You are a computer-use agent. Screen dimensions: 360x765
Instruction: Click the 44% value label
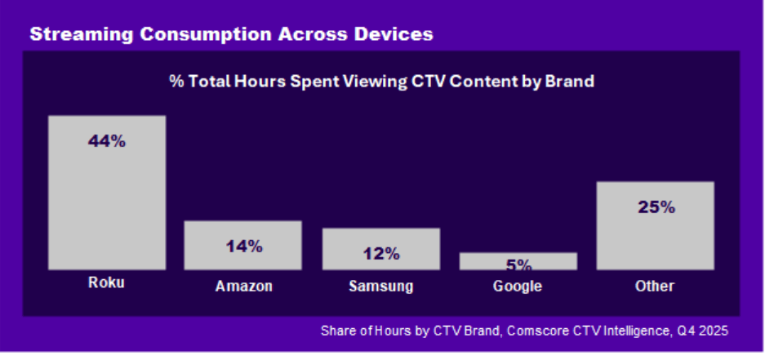click(107, 141)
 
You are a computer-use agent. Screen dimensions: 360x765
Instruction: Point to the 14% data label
click(243, 246)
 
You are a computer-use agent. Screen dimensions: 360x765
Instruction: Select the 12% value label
click(380, 253)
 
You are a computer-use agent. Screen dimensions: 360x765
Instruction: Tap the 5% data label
click(518, 264)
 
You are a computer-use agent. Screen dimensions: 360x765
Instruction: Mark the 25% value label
click(656, 207)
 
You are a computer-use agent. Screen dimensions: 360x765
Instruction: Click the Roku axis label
click(106, 284)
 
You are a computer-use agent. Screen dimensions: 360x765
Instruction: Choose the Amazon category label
click(243, 287)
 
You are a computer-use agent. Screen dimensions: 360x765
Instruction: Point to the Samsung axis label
click(380, 287)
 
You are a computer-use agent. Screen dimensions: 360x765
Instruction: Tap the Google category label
click(518, 287)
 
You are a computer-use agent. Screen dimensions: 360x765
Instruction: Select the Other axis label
click(655, 286)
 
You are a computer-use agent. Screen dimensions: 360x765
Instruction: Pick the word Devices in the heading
click(390, 34)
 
